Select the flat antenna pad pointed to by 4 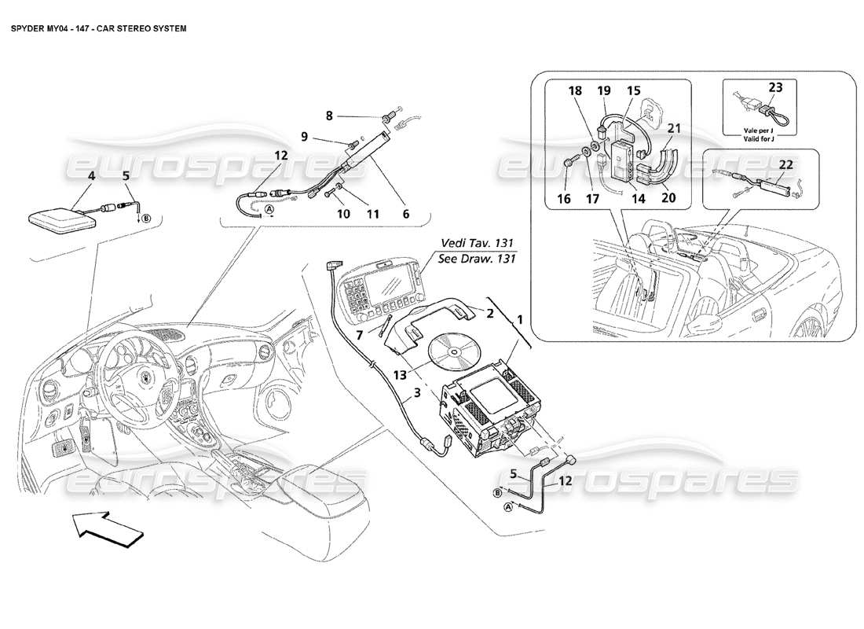(63, 218)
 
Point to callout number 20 (668, 199)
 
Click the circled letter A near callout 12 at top (269, 210)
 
